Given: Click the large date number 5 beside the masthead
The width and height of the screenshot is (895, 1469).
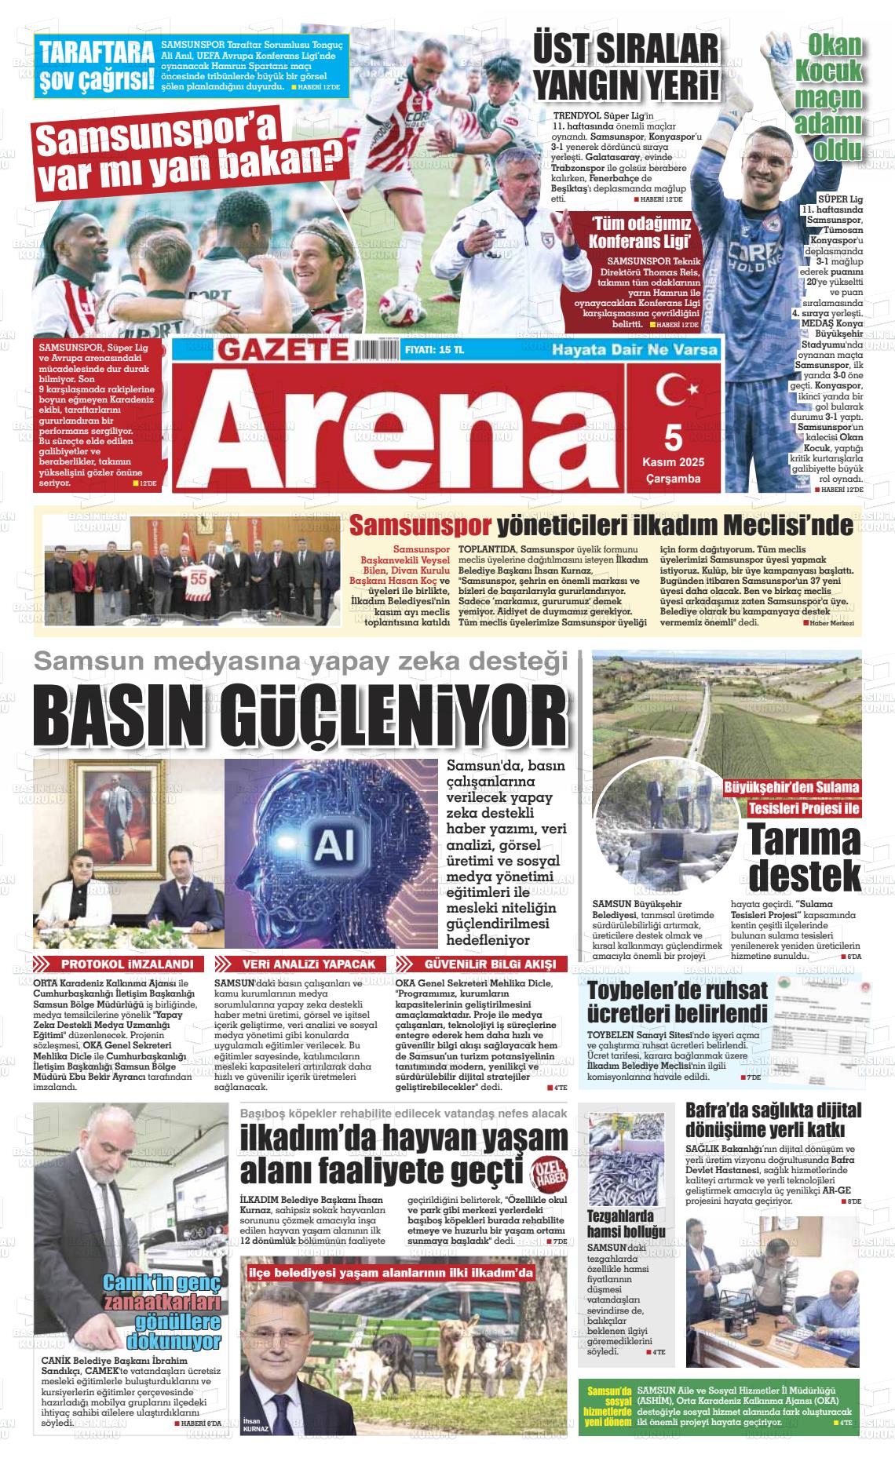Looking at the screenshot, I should coord(672,435).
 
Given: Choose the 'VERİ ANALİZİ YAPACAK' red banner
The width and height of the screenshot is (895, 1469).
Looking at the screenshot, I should coord(303,964).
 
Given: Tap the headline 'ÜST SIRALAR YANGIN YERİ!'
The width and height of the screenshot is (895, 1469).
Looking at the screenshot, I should coord(626,64).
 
